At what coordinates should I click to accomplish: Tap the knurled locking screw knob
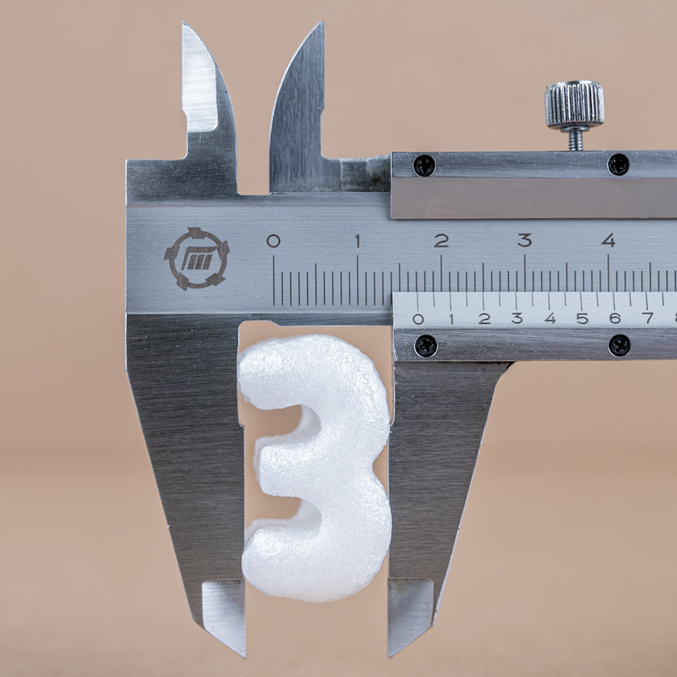point(574,105)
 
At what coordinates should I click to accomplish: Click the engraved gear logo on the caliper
point(197,259)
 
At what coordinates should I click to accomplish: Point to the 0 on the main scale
point(274,241)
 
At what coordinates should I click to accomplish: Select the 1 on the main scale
point(357,240)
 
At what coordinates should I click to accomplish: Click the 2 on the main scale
point(441,240)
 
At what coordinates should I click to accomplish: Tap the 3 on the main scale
point(525,240)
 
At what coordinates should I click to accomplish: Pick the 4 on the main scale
point(608,240)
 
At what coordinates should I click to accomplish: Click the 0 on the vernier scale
point(418,319)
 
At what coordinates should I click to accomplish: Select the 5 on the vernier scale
point(582,319)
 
